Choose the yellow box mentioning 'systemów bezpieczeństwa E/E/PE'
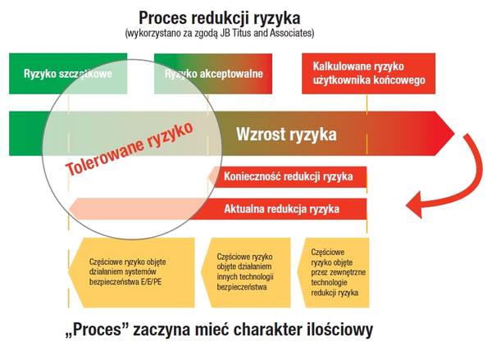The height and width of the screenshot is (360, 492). click(131, 270)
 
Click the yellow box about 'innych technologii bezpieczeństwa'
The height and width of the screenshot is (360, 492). click(246, 270)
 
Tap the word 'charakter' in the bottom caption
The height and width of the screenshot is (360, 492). click(254, 332)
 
